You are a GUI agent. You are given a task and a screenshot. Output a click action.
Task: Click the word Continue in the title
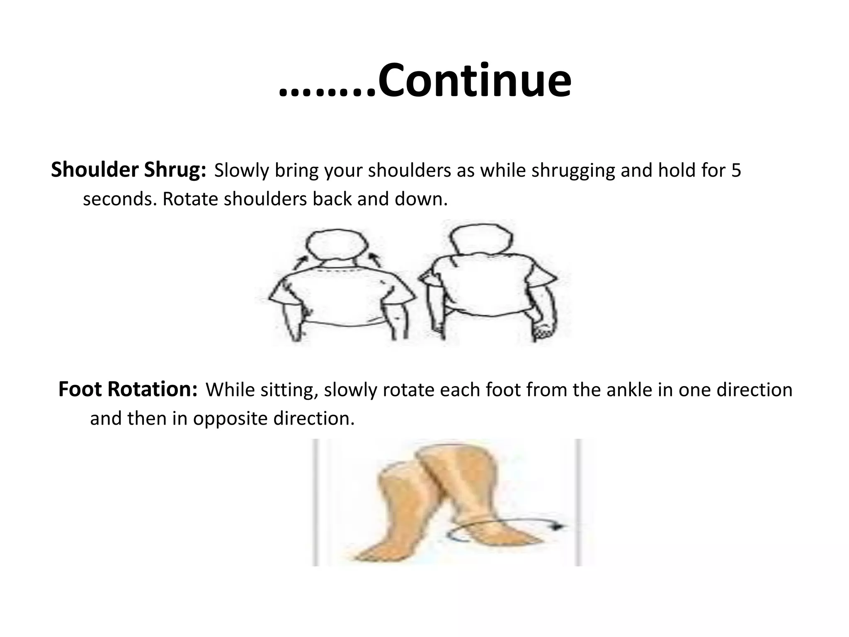coord(475,81)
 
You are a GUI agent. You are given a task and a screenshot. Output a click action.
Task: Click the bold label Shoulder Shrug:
coord(129,170)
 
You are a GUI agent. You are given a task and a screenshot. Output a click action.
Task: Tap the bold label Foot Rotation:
coord(128,390)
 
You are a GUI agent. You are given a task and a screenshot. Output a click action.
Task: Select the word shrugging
coord(573,171)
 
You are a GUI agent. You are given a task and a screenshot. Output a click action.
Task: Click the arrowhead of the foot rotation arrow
coord(560,526)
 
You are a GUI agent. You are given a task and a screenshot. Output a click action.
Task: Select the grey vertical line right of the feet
coord(578,502)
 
